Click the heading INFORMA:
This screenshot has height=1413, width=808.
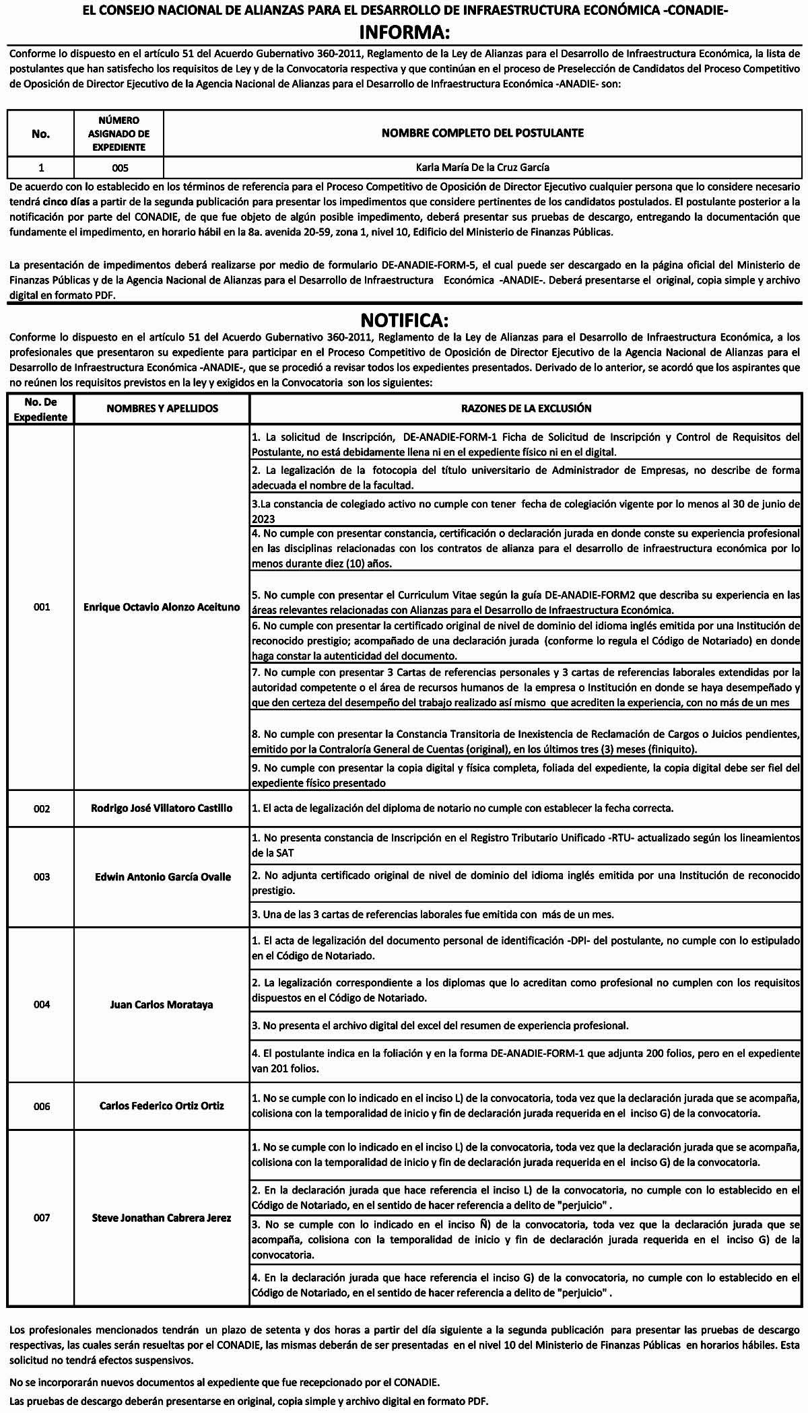[404, 32]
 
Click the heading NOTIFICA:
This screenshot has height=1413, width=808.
[404, 318]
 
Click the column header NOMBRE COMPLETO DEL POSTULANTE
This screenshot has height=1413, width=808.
[482, 133]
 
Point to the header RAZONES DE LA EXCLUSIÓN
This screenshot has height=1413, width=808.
[526, 408]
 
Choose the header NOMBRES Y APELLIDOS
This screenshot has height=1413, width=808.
[162, 408]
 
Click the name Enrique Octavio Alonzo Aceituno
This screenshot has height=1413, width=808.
[162, 607]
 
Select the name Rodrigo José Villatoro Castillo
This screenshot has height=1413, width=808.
[162, 808]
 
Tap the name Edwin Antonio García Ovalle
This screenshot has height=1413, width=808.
[162, 876]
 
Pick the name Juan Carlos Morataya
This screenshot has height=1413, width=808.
[162, 1004]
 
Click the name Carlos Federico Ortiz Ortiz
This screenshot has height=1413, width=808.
[162, 1105]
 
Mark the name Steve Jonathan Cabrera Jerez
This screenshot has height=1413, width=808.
[162, 1218]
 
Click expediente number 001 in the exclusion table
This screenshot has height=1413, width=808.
[42, 607]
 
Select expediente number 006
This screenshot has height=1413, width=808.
[42, 1106]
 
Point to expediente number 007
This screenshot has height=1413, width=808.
[42, 1218]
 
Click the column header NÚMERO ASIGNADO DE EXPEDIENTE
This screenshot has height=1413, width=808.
[119, 133]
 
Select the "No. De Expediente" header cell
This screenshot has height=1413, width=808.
[40, 409]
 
